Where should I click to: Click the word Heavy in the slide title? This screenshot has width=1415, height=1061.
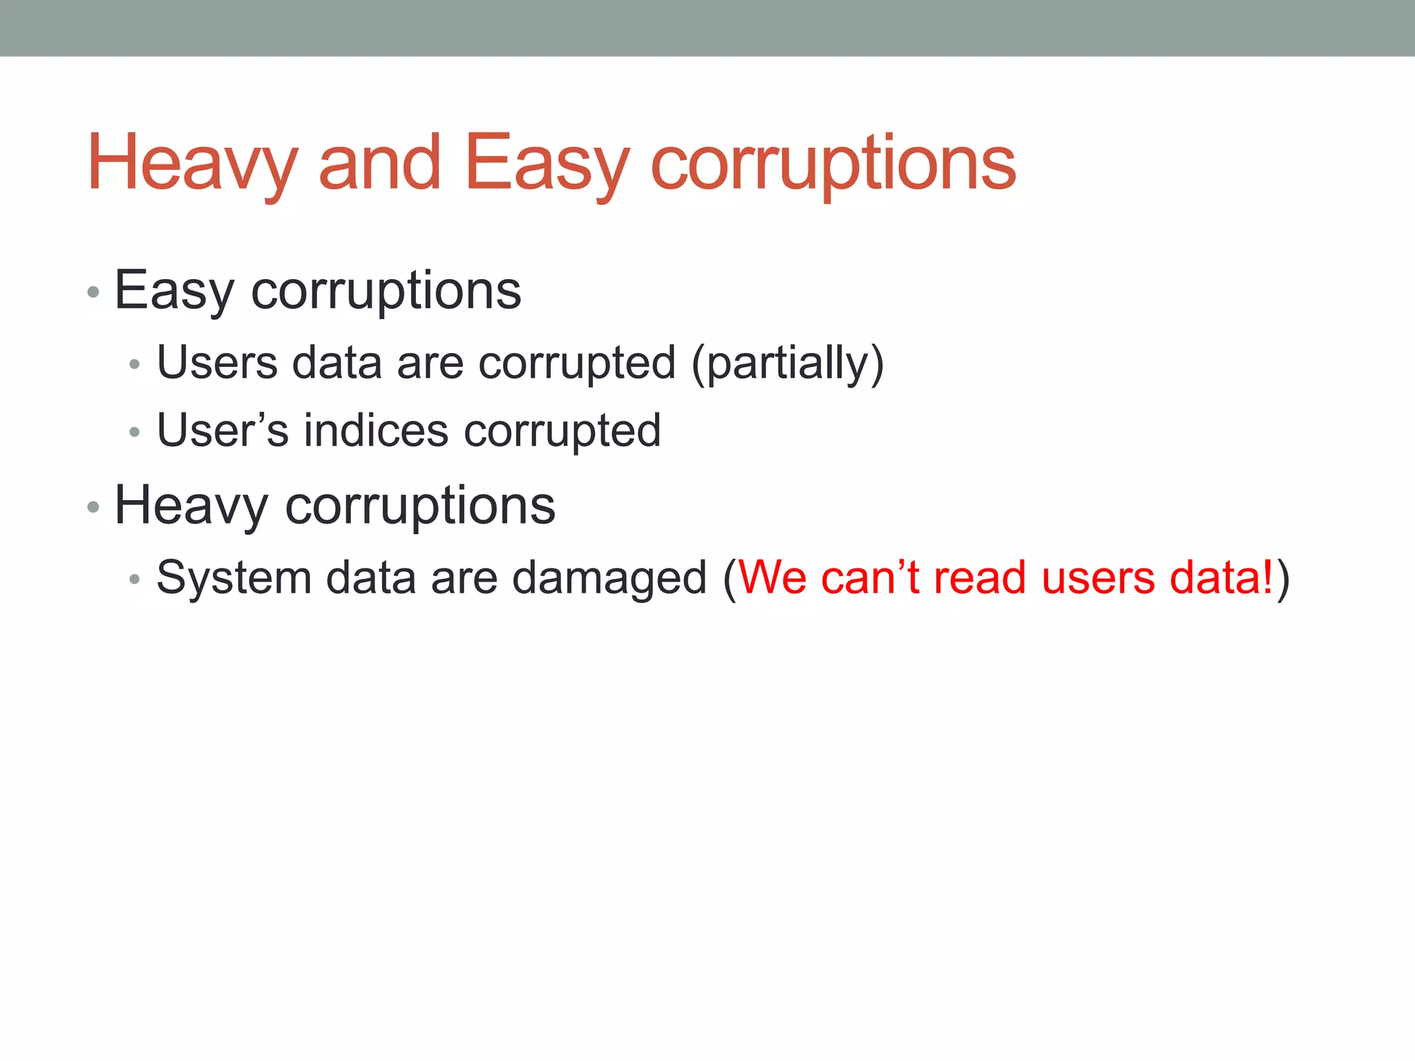coord(192,163)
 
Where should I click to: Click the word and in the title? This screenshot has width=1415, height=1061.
coord(379,163)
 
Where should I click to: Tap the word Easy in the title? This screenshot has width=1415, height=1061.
coord(547,163)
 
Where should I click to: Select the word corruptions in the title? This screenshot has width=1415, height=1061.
coord(833,163)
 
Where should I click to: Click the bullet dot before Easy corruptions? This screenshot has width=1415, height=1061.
coord(93,292)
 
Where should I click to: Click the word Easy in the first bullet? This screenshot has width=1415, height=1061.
coord(174,291)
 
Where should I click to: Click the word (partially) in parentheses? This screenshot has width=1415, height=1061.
coord(787,363)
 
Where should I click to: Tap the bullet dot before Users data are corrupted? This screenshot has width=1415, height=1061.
coord(135,364)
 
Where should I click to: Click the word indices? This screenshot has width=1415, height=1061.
coord(376,430)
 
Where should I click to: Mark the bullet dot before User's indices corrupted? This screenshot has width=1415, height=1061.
coord(135,432)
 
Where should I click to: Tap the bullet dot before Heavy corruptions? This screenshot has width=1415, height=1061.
coord(93,508)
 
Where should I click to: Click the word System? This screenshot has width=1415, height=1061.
coord(234,577)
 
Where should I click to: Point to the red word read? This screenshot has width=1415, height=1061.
coord(979,577)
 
